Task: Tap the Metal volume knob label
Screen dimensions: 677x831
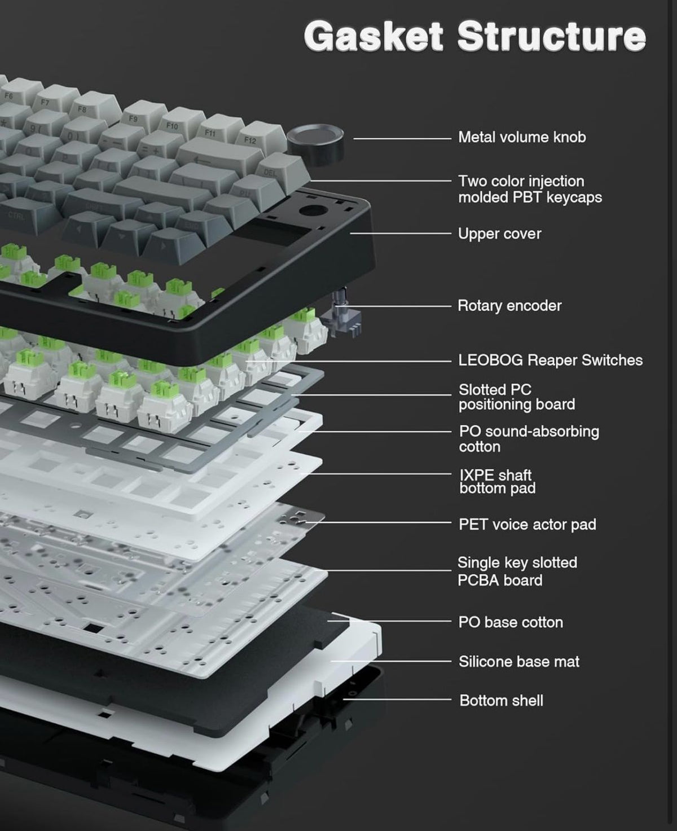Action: (522, 137)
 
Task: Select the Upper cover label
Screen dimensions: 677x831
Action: (499, 234)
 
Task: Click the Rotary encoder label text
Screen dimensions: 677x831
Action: (509, 305)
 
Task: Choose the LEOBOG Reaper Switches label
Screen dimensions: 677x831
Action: (550, 360)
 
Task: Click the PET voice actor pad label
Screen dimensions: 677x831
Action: (527, 524)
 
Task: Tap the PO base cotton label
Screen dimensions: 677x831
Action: (511, 622)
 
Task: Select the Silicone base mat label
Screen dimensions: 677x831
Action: (519, 662)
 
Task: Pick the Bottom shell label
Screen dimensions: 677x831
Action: (502, 701)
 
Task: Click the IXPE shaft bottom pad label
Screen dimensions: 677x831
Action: (498, 481)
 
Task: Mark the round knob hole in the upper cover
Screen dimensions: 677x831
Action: (313, 210)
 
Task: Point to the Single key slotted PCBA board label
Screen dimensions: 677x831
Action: (517, 571)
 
